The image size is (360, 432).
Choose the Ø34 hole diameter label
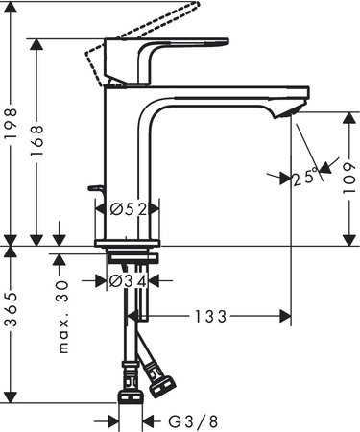(129, 280)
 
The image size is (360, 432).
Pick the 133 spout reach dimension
(212, 315)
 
